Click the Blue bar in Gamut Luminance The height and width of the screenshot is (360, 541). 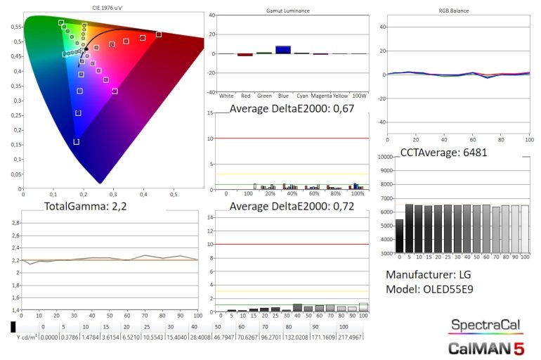pos(282,49)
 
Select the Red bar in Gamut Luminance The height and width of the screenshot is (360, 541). pos(245,54)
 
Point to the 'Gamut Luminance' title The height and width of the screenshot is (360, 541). pos(289,11)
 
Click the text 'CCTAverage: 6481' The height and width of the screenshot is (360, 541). pos(443,152)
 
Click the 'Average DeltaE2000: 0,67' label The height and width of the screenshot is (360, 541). pos(292,109)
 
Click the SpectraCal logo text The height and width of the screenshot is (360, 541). pos(485,326)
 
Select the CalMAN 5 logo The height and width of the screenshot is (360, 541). pos(485,347)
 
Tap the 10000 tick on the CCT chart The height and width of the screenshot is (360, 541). pos(384,157)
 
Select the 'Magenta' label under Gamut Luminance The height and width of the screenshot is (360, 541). pos(320,96)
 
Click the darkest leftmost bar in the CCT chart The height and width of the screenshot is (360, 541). pos(400,236)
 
